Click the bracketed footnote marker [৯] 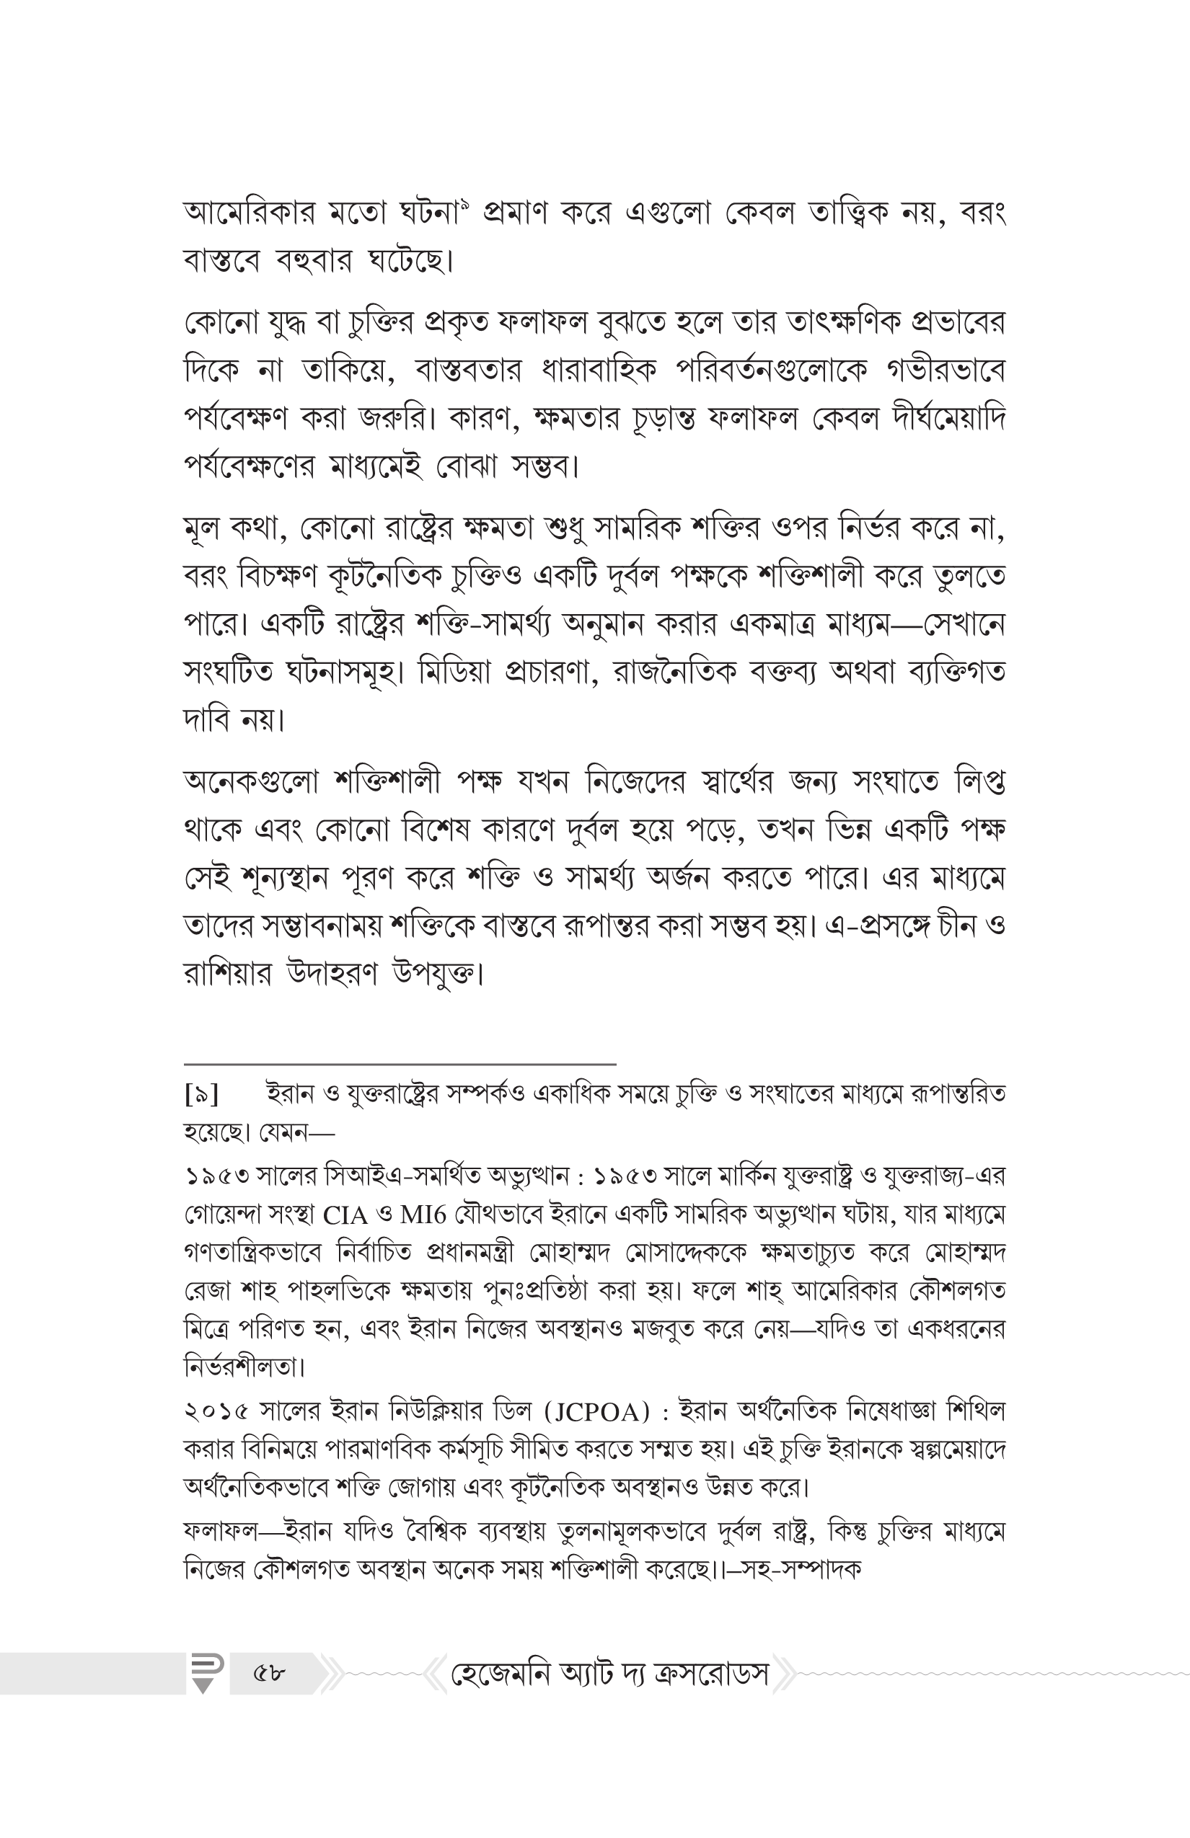[x=202, y=1094]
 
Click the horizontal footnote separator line [x=400, y=1064]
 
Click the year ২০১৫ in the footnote [x=217, y=1413]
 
